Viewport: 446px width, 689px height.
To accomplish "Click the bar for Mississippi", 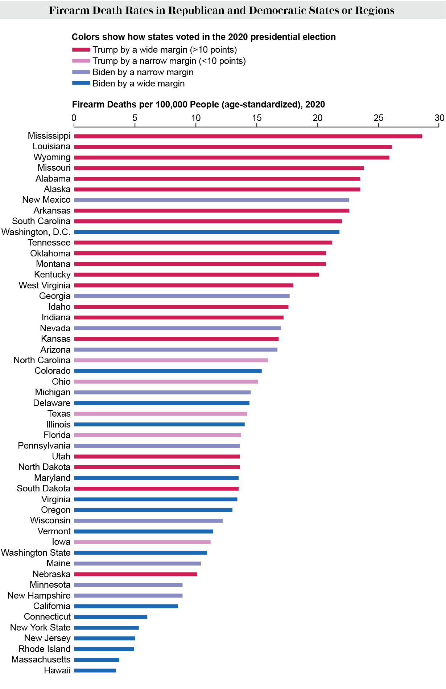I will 248,136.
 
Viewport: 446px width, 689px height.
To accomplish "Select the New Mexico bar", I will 211,200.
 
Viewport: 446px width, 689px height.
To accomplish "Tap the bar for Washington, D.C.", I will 207,232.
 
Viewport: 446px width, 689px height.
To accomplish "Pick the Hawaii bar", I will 95,670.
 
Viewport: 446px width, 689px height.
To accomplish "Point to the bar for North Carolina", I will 171,360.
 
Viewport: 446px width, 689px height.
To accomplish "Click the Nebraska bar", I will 136,574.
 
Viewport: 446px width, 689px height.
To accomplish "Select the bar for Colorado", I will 168,371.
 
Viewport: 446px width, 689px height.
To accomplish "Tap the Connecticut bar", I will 111,617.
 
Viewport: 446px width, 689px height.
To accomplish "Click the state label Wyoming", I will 52,157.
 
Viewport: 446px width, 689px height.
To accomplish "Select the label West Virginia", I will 45,285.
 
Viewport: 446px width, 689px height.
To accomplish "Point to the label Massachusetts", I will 41,660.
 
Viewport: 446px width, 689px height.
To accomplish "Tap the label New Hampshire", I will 39,596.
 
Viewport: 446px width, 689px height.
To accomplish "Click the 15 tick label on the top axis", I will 257,118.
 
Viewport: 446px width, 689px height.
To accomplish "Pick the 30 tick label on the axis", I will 439,118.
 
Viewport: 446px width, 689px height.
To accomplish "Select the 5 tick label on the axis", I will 135,118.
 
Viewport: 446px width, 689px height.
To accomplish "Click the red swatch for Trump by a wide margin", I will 81,50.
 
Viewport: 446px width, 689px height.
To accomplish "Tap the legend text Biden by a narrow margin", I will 143,72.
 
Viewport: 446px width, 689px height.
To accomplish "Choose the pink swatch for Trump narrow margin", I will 81,61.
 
